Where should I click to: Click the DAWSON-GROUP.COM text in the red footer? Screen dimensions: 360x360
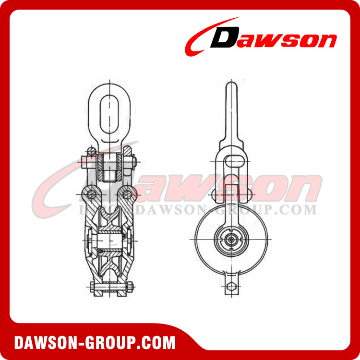point(95,343)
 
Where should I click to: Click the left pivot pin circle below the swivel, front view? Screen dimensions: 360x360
point(89,194)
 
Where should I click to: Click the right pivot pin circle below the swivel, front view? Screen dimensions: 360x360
point(126,194)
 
